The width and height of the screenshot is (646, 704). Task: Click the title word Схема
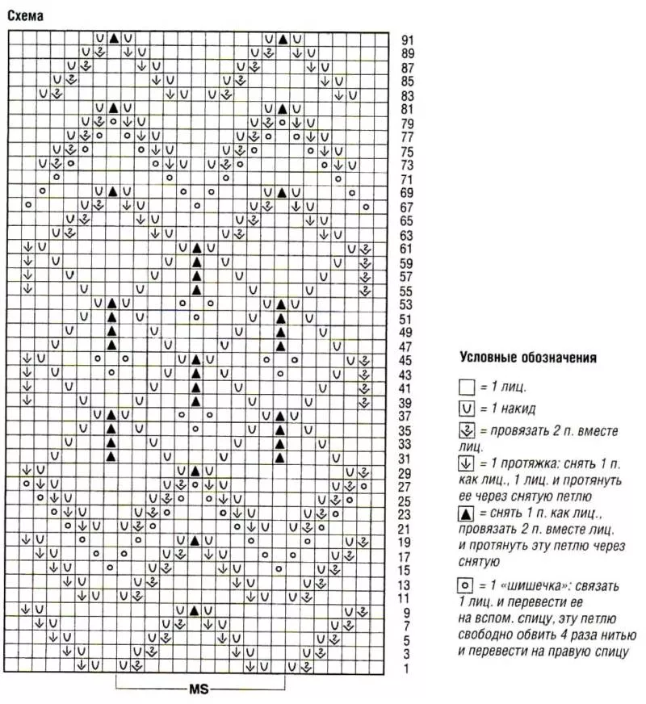[25, 15]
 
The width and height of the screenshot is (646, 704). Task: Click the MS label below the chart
[199, 690]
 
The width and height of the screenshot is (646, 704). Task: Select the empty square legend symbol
[466, 388]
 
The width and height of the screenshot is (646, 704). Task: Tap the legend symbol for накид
[466, 409]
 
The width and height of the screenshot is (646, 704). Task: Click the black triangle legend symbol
[466, 514]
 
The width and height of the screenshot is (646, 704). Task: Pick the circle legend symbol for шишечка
[466, 585]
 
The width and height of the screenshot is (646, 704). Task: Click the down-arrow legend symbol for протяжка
[466, 464]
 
